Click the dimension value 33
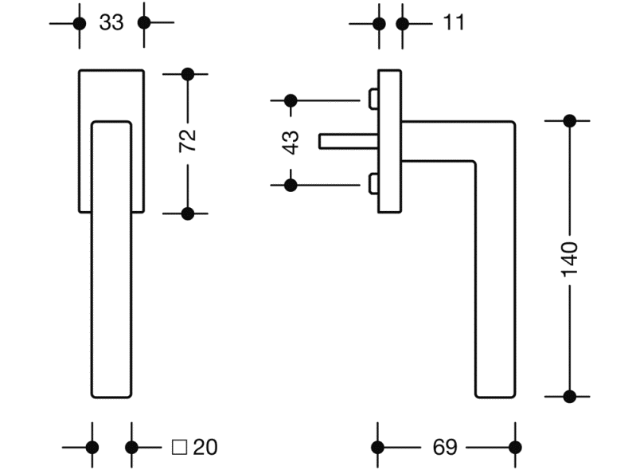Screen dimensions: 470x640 point(111,23)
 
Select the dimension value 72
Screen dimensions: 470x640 point(187,143)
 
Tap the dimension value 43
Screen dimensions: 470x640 point(291,142)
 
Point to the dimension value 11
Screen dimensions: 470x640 point(453,23)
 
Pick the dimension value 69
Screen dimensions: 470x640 point(445,447)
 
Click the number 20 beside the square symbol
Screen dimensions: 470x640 point(205,447)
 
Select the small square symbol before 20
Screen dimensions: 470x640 point(179,447)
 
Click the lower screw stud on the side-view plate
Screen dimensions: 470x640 point(373,185)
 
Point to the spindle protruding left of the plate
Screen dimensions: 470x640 point(346,141)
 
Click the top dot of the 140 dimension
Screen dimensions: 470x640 point(569,121)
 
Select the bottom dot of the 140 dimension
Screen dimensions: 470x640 point(569,395)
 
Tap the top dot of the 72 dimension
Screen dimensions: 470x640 point(188,75)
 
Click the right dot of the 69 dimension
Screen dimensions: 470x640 point(515,447)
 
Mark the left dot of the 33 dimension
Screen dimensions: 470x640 point(79,23)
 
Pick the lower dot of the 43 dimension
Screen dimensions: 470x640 point(291,185)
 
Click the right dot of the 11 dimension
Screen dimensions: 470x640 point(403,23)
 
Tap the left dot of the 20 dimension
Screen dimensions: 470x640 point(92,447)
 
